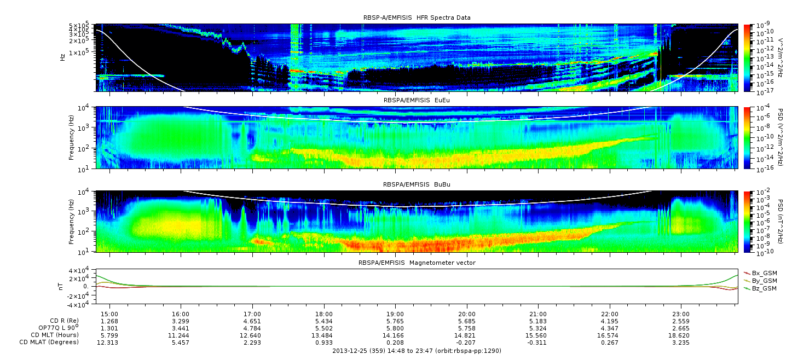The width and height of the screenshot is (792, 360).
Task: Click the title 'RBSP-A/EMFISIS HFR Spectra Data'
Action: (x=417, y=18)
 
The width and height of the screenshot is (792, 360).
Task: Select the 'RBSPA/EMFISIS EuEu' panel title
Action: (x=417, y=100)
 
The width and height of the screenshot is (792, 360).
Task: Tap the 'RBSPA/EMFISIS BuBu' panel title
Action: (x=417, y=184)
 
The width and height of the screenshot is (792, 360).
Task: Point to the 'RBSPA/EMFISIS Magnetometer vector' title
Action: (x=417, y=263)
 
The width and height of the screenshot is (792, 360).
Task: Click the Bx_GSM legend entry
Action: (x=760, y=273)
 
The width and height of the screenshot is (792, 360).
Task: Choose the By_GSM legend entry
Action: (x=760, y=281)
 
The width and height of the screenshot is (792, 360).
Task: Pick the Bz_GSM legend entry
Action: (x=760, y=289)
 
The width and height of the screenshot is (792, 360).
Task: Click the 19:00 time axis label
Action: (x=395, y=314)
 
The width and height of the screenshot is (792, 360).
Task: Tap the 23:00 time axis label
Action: (x=681, y=314)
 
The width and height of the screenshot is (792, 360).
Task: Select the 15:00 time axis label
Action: (x=109, y=314)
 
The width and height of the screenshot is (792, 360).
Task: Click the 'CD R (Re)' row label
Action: (x=65, y=321)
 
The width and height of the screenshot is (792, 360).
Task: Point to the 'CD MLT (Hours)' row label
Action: (x=55, y=335)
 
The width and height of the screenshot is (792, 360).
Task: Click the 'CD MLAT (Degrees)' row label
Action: (x=49, y=342)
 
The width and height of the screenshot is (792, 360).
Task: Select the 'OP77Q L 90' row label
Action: (x=59, y=328)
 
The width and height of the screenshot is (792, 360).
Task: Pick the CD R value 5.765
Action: (x=395, y=322)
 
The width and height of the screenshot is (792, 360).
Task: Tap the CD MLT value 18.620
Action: (x=681, y=335)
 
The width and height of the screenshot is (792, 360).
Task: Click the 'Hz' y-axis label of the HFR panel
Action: (x=63, y=57)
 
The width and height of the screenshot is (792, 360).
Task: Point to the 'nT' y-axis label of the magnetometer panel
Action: (x=61, y=287)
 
